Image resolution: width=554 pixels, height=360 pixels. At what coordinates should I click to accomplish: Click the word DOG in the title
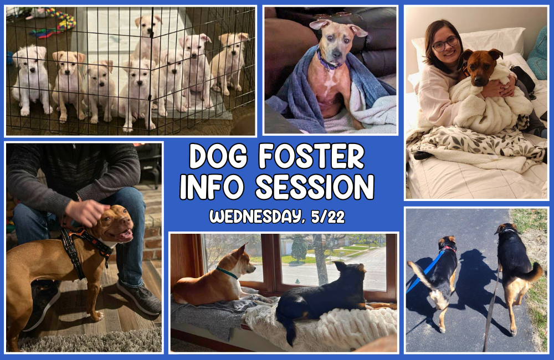[218, 156]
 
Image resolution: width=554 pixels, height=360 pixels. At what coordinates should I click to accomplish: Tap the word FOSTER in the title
[311, 156]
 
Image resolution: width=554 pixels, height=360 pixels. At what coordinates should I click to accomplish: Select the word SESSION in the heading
[315, 187]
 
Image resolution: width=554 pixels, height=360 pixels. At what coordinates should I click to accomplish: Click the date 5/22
[328, 217]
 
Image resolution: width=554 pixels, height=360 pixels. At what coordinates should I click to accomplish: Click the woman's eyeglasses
[445, 43]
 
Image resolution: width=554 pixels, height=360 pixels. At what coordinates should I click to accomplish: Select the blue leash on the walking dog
[424, 271]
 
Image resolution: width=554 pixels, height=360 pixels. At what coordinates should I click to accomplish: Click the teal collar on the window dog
[227, 272]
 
